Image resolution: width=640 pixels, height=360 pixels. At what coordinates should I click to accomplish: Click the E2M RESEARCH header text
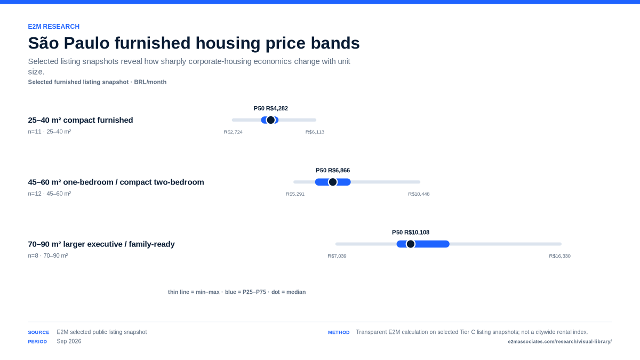(54, 27)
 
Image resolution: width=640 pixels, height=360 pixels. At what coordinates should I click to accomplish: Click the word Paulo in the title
(86, 43)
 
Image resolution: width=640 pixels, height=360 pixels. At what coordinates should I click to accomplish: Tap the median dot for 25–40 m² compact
(270, 120)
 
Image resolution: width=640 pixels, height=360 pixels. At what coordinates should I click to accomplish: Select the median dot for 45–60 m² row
(333, 182)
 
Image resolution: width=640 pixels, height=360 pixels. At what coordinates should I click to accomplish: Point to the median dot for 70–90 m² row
(411, 244)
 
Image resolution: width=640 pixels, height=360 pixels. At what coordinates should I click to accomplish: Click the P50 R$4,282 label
(271, 109)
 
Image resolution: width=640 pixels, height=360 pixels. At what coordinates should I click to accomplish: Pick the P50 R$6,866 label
(333, 171)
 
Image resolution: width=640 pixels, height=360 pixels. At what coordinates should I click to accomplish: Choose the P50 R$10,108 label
(411, 233)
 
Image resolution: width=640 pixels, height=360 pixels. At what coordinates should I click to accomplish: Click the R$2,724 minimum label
(233, 132)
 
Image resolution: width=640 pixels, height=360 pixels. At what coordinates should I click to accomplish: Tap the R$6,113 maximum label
(315, 132)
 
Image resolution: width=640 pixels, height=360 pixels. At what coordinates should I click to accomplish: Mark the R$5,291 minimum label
(295, 194)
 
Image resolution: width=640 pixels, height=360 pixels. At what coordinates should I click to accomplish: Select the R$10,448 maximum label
(419, 194)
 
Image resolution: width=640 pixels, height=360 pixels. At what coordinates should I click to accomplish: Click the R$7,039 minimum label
(337, 256)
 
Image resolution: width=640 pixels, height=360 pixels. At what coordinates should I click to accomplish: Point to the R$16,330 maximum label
(559, 256)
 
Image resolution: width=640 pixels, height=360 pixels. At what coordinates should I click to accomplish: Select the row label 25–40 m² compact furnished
(81, 121)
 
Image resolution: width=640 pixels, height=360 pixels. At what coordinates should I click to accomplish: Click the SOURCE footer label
(38, 333)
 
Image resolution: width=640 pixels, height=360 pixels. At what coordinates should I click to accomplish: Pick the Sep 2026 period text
(69, 341)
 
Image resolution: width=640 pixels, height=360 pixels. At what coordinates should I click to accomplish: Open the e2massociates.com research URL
(559, 342)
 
